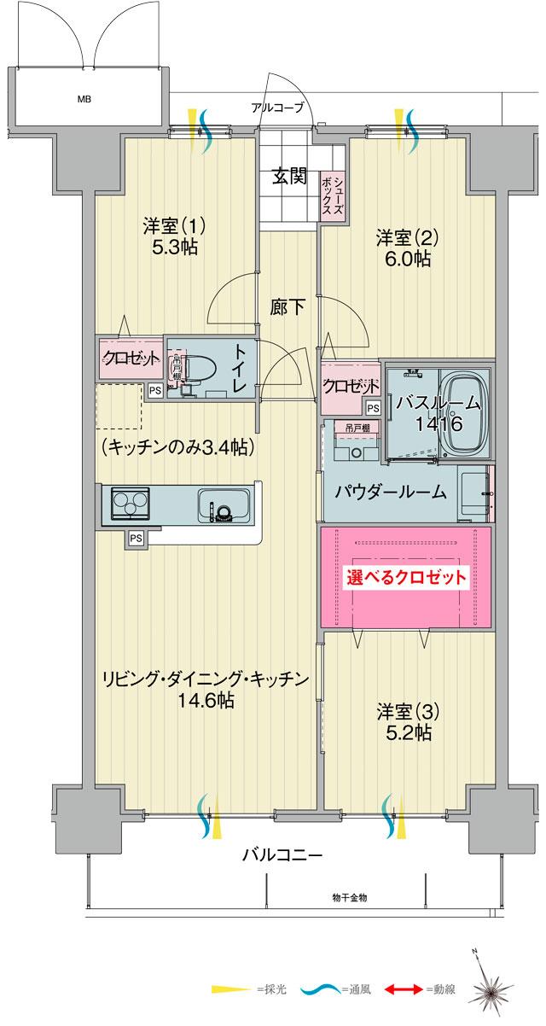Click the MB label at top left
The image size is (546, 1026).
pyautogui.click(x=84, y=99)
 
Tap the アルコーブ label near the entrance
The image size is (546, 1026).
pyautogui.click(x=276, y=108)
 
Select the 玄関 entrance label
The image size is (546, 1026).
pyautogui.click(x=290, y=177)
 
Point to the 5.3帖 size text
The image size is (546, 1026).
pyautogui.click(x=175, y=248)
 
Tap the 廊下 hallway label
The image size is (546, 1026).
pyautogui.click(x=288, y=307)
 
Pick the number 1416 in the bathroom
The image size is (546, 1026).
pyautogui.click(x=439, y=423)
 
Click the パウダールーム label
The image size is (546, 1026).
pyautogui.click(x=390, y=491)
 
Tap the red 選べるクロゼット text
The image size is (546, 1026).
pyautogui.click(x=407, y=577)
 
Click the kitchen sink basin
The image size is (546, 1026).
pyautogui.click(x=223, y=505)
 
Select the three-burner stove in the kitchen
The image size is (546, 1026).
pyautogui.click(x=129, y=504)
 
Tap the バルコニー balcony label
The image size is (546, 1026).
pyautogui.click(x=282, y=854)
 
